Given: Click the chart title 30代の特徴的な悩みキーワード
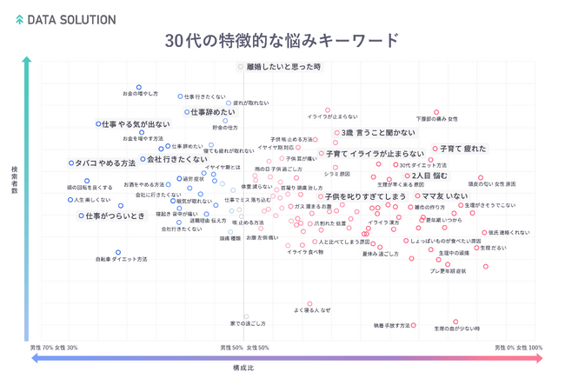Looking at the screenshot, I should pos(282,41).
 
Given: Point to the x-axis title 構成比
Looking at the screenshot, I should pos(243,368).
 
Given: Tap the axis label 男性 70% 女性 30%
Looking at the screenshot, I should pos(54,348).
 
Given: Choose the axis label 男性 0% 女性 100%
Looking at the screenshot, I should pos(519,348).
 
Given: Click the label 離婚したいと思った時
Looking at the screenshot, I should pos(284,67).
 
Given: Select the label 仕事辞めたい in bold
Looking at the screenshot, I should pos(210,112).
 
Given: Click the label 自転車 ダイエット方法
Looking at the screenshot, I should pos(121,259).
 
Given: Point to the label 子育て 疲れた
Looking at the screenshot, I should pos(462,149).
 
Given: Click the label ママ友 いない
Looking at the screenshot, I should pos(444,196).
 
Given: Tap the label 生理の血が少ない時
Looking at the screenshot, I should pos(455,329).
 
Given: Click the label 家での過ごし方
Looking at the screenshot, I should pos(247,323).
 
